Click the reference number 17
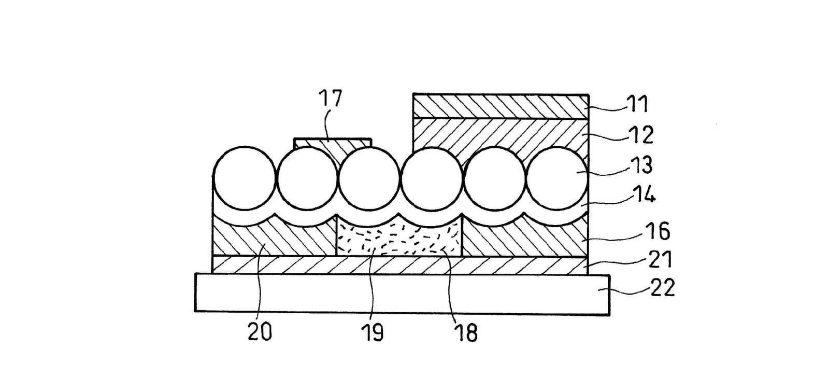[x=331, y=98]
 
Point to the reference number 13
[x=642, y=165]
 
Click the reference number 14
[x=645, y=195]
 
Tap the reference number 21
[x=660, y=259]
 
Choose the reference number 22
[x=663, y=288]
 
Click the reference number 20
[x=260, y=331]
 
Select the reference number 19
[x=373, y=332]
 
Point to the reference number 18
[x=467, y=332]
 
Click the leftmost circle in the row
[x=245, y=178]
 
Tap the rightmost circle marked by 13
[x=557, y=178]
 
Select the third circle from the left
[x=369, y=179]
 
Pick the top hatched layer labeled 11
[x=501, y=107]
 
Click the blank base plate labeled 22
[x=402, y=295]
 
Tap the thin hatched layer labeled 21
[x=399, y=265]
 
